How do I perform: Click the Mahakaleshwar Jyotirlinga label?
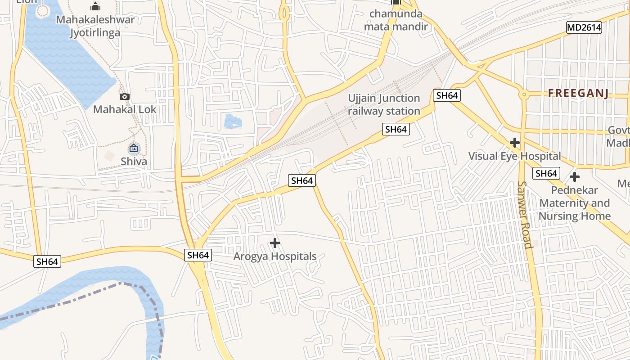(x=95, y=26)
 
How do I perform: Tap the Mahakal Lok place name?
(x=125, y=109)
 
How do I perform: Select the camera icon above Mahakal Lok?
(x=125, y=96)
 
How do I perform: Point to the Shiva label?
(x=134, y=161)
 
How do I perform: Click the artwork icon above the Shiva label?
(x=134, y=148)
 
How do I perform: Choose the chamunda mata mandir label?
(x=396, y=20)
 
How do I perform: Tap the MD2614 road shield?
(x=584, y=27)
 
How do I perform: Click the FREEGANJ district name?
(x=578, y=93)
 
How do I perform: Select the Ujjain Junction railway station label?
(x=384, y=104)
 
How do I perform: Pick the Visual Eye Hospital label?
(x=514, y=156)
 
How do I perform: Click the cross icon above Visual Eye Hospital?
(x=514, y=143)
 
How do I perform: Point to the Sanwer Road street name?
(x=525, y=214)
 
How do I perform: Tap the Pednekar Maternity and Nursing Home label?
(x=575, y=203)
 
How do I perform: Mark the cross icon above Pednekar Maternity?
(x=575, y=177)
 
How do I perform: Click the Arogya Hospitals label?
(x=274, y=256)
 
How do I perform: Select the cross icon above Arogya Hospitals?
(x=274, y=243)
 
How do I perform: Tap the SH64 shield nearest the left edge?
(x=47, y=261)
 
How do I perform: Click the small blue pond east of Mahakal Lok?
(x=232, y=121)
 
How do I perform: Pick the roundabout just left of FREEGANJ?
(x=523, y=94)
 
